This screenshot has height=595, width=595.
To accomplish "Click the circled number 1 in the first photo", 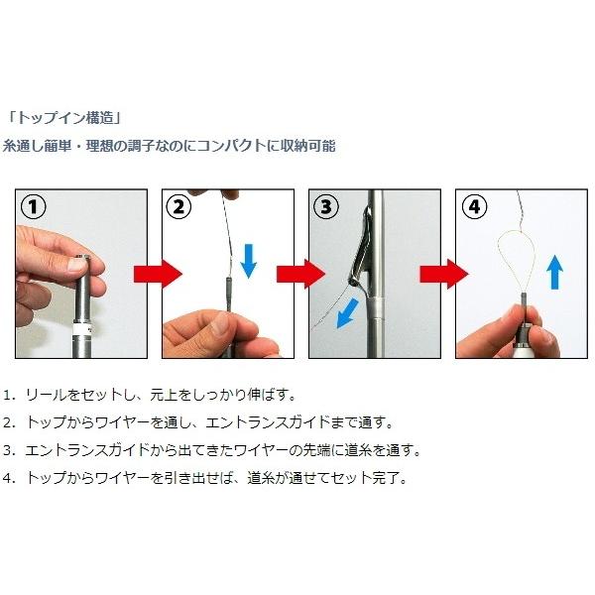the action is click(x=34, y=207).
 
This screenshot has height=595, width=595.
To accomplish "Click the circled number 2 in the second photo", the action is click(x=179, y=207).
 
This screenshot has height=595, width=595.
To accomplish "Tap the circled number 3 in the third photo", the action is click(x=326, y=207).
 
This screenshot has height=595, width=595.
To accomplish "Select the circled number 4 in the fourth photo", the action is click(x=474, y=207).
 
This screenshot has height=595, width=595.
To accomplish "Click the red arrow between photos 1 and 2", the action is click(x=158, y=274).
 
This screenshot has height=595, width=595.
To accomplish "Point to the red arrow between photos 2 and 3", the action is click(x=300, y=274).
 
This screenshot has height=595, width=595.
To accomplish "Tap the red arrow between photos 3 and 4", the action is click(x=444, y=274).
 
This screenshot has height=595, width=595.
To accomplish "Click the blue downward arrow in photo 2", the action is click(x=249, y=262).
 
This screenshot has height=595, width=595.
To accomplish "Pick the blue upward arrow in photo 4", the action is click(x=554, y=273).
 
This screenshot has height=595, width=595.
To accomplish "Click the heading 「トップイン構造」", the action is click(x=64, y=118).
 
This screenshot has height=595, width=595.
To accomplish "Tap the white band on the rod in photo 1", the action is click(x=82, y=328).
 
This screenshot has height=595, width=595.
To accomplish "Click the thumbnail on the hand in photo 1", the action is click(x=77, y=265).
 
